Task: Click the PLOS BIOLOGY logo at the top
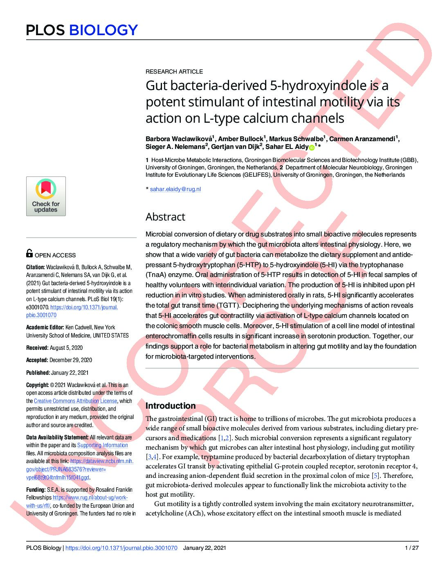(82, 30)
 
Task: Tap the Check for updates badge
(46, 196)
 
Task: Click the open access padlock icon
(29, 253)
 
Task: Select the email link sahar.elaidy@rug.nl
(175, 189)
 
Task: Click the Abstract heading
(165, 217)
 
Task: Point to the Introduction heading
(171, 406)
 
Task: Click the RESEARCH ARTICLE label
(174, 72)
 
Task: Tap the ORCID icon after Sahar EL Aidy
(312, 147)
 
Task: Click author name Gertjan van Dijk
(235, 147)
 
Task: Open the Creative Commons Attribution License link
(75, 401)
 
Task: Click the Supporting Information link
(103, 445)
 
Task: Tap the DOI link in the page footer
(121, 548)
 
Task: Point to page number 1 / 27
(411, 548)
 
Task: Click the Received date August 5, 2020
(66, 348)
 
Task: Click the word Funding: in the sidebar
(36, 490)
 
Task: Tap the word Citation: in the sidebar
(36, 267)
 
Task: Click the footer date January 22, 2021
(205, 548)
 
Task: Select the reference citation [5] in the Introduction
(375, 476)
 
